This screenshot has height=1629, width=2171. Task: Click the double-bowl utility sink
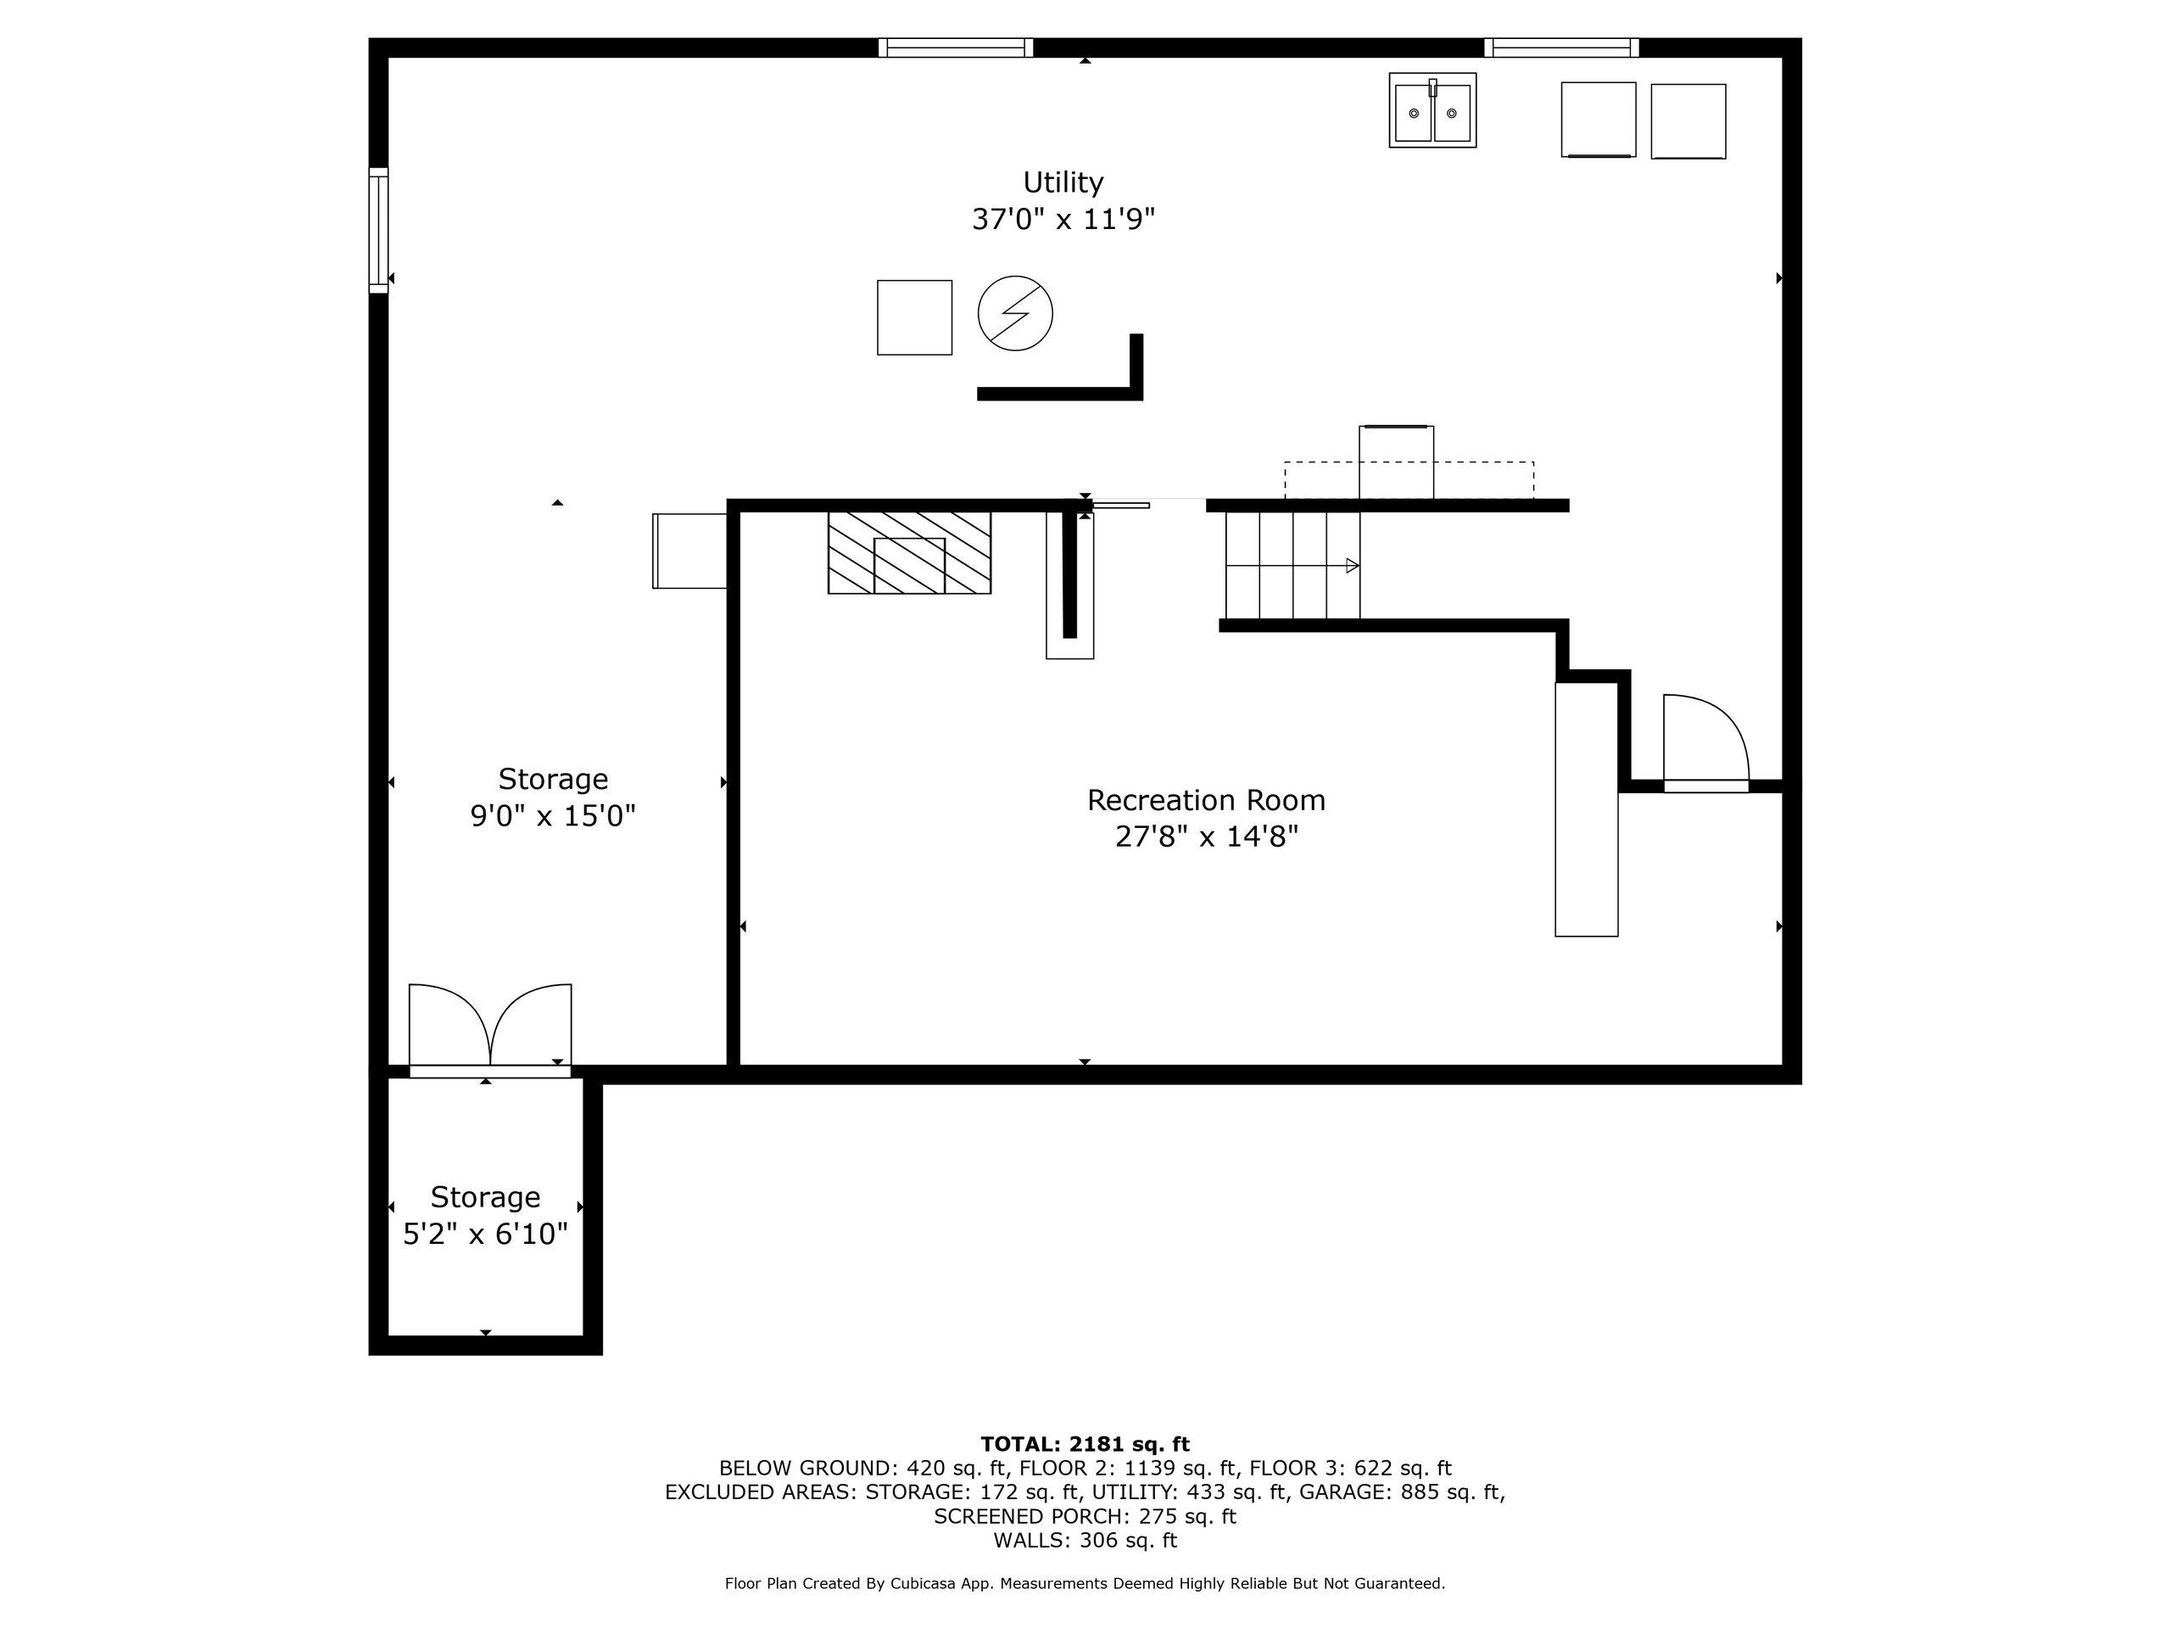coord(1432,111)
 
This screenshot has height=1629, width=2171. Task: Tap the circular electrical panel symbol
coord(1015,313)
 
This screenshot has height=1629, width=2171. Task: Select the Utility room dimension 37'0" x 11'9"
coord(1063,219)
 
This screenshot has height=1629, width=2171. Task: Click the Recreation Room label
coord(1205,800)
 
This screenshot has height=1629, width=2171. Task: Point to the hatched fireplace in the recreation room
coord(909,553)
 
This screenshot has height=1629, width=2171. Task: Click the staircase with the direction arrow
coord(1292,566)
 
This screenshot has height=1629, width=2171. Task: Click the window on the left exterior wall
coord(379,230)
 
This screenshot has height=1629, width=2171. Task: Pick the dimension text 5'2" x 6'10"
coord(486,1234)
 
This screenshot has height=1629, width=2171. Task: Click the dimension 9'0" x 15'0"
coord(553,816)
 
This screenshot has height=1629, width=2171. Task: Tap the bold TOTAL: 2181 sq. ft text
coord(1085,1444)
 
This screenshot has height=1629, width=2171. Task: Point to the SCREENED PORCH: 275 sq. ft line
coord(1085,1516)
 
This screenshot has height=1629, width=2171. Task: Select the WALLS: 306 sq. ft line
coord(1085,1540)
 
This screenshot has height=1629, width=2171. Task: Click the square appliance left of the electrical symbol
coord(913,317)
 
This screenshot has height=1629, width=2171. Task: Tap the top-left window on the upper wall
coord(955,48)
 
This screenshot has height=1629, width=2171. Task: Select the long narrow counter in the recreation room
coord(1585,809)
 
